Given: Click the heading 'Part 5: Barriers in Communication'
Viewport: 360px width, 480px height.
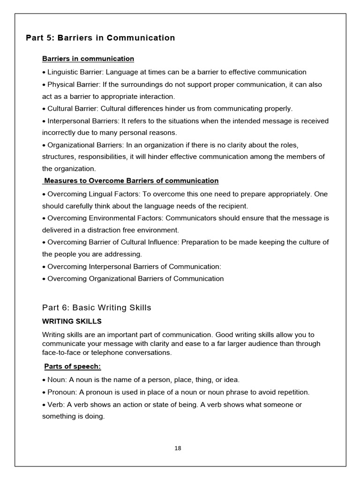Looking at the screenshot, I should coord(100,38).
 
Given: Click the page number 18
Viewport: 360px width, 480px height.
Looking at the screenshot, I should coord(178,448).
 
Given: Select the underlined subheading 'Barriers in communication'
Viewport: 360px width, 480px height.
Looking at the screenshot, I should coord(88,59).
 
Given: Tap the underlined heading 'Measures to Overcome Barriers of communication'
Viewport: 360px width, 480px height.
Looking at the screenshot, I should coord(131,180).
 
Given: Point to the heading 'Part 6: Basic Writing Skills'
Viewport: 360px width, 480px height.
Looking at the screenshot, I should coord(97,307).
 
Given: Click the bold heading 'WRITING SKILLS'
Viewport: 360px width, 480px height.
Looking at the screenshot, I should coord(72,322).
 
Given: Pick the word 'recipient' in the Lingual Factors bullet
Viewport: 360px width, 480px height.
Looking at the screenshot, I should coord(232,206).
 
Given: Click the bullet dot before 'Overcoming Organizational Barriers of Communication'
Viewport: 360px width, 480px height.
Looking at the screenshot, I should coord(44,279).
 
